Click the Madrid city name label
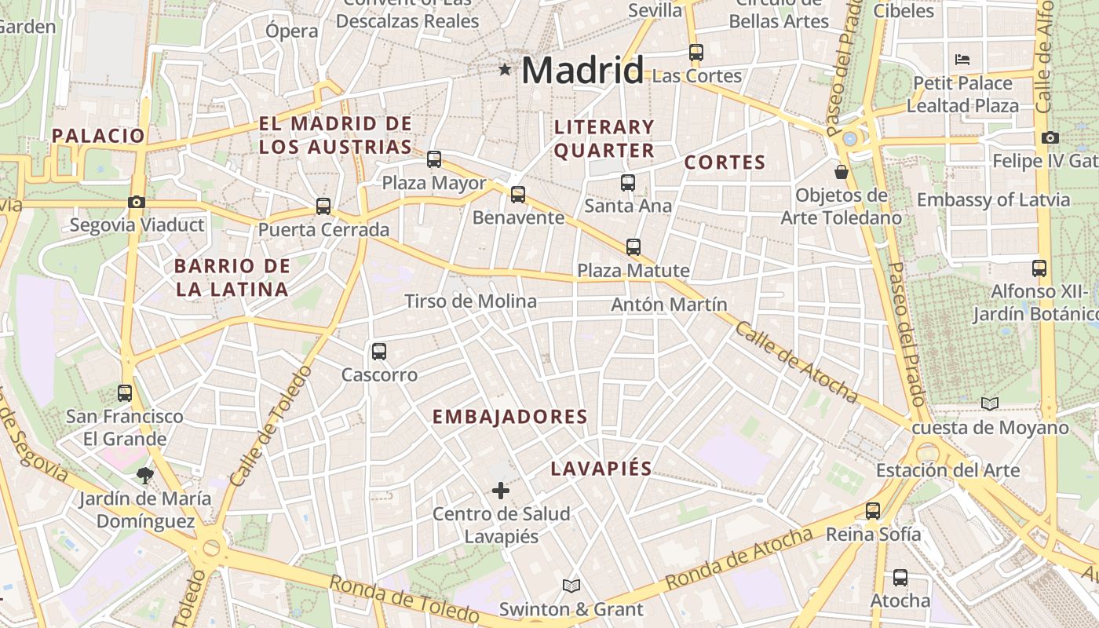pos(582,71)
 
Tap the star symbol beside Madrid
pos(505,71)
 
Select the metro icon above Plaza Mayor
pos(434,159)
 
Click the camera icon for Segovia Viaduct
pos(137,202)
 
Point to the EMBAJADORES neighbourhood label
pos(510,417)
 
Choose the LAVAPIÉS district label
pos(601,469)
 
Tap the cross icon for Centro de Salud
pos(501,491)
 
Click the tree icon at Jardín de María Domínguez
pos(144,474)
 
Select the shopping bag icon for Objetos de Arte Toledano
pos(842,171)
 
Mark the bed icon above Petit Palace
pos(962,59)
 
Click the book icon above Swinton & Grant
pos(571,586)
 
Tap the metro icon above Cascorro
pos(379,351)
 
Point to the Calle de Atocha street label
pos(795,362)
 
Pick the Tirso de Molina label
pos(470,301)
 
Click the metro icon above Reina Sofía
pos(873,511)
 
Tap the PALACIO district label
pos(99,135)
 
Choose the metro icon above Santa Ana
pos(628,183)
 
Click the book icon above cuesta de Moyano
pos(990,404)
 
